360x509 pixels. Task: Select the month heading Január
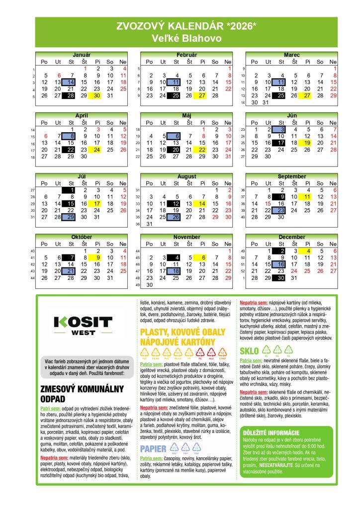[x=82, y=54]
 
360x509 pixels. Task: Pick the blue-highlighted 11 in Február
[x=176, y=82]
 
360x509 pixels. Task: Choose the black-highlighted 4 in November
[x=176, y=257]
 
